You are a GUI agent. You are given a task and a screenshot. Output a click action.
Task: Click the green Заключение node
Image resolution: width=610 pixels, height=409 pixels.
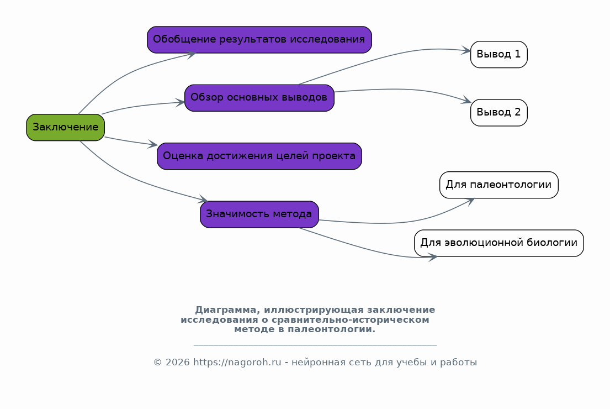65,127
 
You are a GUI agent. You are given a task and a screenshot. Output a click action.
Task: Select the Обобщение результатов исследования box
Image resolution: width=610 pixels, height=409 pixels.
259,40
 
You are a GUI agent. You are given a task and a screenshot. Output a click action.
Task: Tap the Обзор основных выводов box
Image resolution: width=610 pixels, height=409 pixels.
259,98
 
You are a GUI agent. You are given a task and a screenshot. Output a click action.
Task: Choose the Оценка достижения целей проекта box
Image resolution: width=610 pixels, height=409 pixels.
259,156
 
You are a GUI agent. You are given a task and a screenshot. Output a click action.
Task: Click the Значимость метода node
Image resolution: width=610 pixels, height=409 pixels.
259,214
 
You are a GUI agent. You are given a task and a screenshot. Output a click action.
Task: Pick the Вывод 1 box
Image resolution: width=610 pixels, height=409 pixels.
498,55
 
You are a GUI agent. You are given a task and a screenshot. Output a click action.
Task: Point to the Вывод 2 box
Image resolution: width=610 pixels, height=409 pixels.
498,113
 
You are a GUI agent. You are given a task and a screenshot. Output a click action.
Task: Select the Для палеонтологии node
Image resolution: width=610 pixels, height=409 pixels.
498,185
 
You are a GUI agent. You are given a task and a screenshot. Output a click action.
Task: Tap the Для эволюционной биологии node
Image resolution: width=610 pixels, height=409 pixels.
498,243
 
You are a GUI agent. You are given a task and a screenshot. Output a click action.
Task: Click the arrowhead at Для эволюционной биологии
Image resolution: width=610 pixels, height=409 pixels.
433,257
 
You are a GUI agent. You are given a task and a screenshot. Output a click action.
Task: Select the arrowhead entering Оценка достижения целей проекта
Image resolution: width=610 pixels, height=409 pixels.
153,144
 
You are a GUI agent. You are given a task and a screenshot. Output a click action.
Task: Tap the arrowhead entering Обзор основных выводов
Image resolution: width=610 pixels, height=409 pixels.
180,103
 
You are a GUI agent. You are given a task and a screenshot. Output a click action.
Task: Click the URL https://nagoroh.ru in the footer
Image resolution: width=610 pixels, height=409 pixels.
237,362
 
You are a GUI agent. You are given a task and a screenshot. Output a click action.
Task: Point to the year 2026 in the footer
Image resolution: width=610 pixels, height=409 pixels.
177,362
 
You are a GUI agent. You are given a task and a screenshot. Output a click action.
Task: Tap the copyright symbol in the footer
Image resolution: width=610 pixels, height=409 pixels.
157,363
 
